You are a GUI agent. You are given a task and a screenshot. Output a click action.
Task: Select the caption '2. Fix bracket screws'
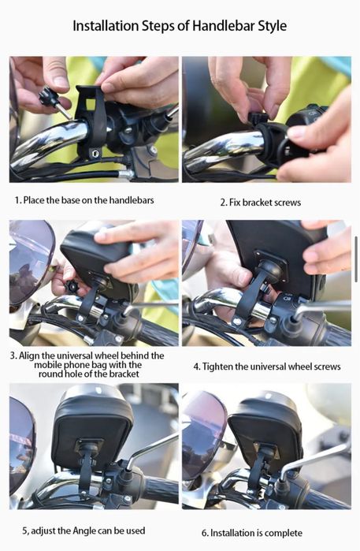click(260, 203)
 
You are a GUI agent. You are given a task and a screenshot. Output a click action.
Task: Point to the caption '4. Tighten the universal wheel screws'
click(267, 367)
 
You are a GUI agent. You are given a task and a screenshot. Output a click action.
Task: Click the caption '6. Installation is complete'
click(256, 533)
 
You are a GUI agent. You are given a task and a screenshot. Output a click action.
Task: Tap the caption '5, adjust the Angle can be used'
click(80, 531)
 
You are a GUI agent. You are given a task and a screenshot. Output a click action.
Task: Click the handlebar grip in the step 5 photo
click(158, 490)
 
